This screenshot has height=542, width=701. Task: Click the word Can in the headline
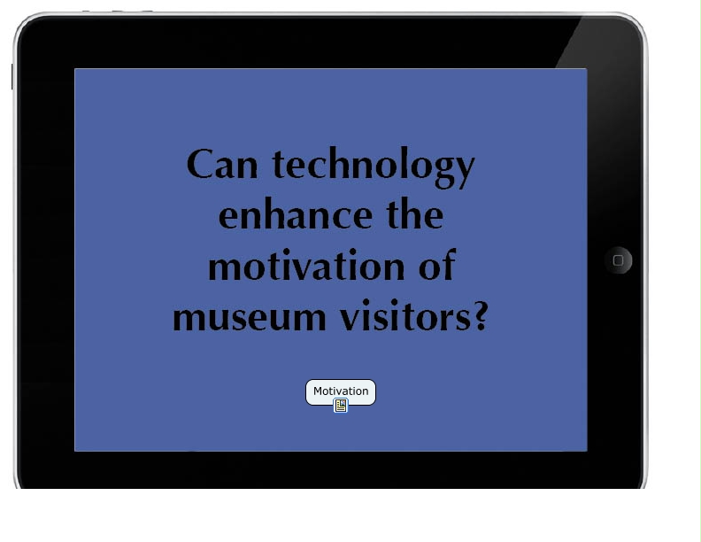(x=222, y=164)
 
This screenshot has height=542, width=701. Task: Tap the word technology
(x=374, y=167)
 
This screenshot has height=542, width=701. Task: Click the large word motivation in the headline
(x=306, y=265)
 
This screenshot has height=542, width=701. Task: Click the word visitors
(x=406, y=314)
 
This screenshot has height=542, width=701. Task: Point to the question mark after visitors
(x=481, y=315)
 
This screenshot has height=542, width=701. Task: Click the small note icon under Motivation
(x=341, y=406)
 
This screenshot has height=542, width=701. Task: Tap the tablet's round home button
(x=619, y=259)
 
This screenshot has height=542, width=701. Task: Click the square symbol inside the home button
(x=619, y=260)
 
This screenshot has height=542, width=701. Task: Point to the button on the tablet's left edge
(x=12, y=76)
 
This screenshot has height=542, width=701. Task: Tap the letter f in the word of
(x=448, y=264)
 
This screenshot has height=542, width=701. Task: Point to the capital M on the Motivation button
(x=318, y=391)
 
